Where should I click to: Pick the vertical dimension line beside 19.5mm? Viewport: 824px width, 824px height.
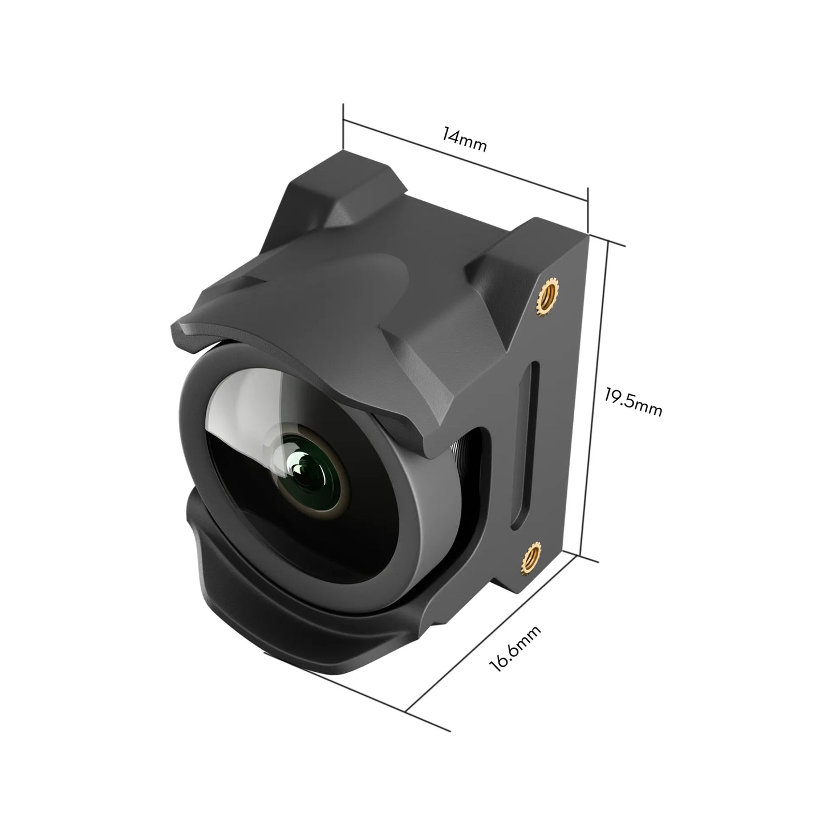(x=596, y=399)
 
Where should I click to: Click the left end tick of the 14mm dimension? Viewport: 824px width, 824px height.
(x=343, y=120)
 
